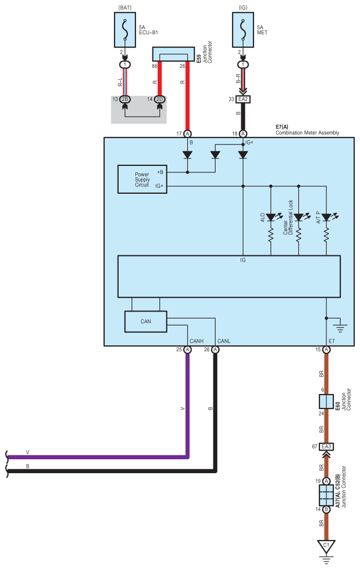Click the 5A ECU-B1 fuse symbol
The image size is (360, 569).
[125, 30]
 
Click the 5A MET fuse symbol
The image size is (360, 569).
[243, 30]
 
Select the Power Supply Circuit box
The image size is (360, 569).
[142, 179]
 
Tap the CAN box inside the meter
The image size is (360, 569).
[145, 322]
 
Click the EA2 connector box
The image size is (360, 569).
[243, 99]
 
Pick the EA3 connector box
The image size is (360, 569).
[326, 446]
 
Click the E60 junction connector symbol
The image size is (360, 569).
[326, 401]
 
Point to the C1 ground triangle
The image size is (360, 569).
[326, 547]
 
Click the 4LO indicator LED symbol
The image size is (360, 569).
[271, 217]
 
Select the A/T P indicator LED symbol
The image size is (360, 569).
[326, 217]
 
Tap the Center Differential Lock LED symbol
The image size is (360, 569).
[298, 217]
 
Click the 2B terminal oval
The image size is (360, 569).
[125, 99]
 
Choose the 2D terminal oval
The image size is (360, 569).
[159, 99]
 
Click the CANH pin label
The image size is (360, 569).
[196, 341]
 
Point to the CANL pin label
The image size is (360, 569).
[224, 341]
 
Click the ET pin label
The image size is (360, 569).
[332, 341]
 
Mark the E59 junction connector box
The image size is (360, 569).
[173, 54]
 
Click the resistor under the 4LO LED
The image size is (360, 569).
[271, 235]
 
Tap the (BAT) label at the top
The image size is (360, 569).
[125, 7]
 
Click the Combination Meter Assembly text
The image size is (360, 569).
[308, 133]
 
